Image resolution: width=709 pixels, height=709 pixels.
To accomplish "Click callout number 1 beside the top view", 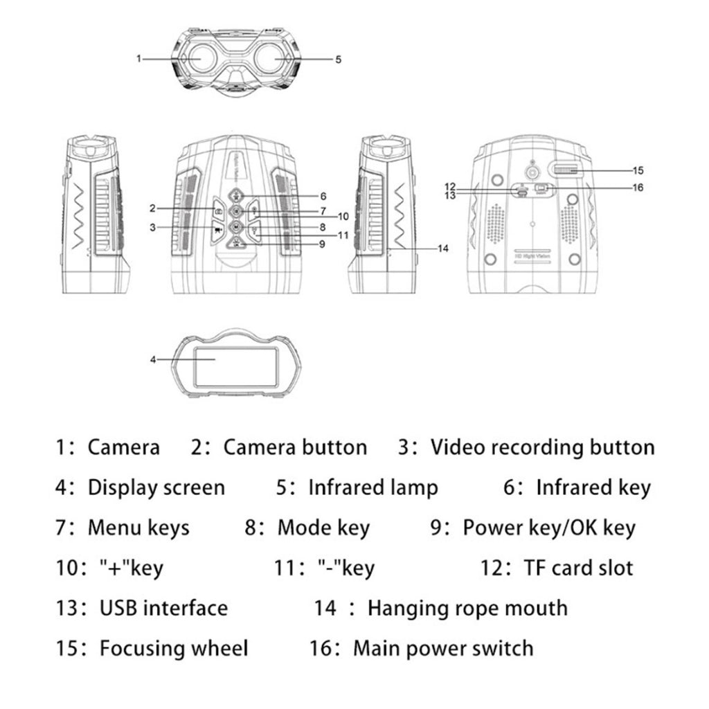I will coord(139,59).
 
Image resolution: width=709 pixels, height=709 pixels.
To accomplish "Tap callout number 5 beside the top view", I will coord(338,60).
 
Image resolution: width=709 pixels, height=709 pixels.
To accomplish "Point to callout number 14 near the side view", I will coord(444,248).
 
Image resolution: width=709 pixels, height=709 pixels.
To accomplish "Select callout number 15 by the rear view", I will coord(638,170).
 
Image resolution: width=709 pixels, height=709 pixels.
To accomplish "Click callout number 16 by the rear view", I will coord(638,188).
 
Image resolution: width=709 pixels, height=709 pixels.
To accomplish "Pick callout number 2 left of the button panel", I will coord(152,208).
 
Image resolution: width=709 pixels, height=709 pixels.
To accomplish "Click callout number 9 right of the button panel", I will coord(322,243).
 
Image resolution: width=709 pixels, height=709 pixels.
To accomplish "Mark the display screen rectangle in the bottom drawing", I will coord(236,367).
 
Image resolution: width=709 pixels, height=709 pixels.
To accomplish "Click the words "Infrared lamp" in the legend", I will coord(373,487).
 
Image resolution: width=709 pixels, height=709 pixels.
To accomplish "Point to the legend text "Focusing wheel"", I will coord(174,649).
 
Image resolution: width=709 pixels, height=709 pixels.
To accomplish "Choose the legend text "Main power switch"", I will coord(443,649).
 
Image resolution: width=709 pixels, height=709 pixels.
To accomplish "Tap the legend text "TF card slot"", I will coord(578,568).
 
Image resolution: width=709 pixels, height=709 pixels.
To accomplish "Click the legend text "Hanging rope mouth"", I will coord(467,609).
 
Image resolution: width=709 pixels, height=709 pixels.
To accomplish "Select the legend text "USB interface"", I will coord(163,609).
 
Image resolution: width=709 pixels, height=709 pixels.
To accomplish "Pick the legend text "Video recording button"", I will coord(542,447).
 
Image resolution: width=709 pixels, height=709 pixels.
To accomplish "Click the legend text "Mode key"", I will coord(323,528).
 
